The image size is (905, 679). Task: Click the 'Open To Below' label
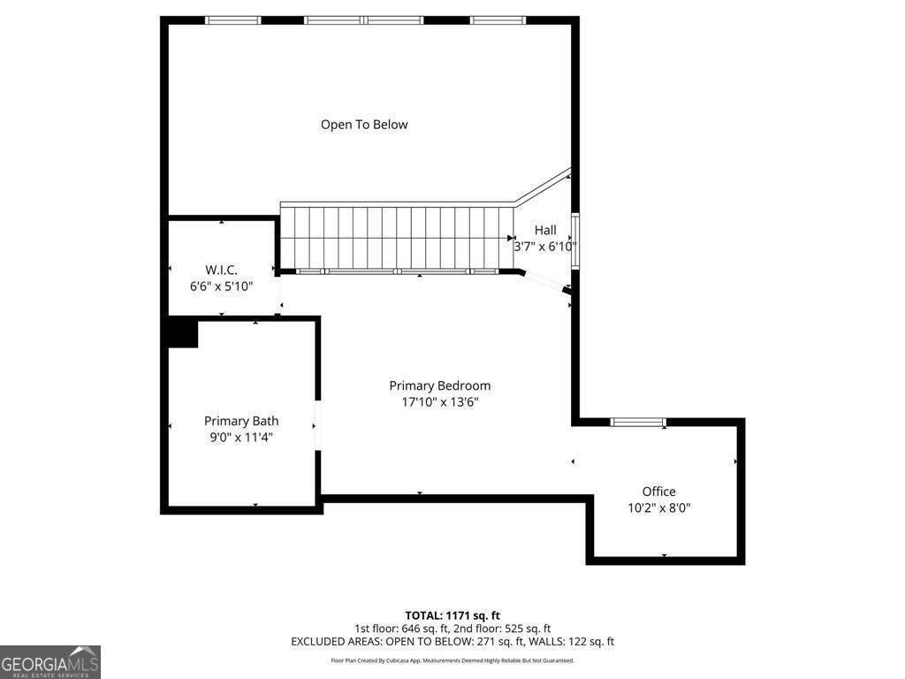tap(364, 125)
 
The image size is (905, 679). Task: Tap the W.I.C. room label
tap(221, 269)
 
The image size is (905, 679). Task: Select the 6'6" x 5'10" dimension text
tap(221, 286)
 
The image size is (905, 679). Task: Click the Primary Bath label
tap(241, 421)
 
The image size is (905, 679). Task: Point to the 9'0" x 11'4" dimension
tap(241, 437)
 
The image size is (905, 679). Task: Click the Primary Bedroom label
tap(439, 385)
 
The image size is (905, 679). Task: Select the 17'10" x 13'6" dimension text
tap(439, 402)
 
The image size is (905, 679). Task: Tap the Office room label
tap(658, 492)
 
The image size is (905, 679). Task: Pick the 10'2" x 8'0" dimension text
tap(658, 508)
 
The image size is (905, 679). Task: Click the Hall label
tap(545, 230)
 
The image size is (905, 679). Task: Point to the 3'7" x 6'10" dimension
tap(545, 247)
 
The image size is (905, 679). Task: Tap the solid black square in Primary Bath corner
tap(183, 333)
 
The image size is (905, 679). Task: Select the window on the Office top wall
tap(639, 423)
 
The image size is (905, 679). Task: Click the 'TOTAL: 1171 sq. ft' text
tap(452, 615)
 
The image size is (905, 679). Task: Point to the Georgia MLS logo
tap(50, 662)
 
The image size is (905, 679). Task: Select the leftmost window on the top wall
tap(232, 20)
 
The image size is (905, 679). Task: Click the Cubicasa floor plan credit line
tap(452, 660)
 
